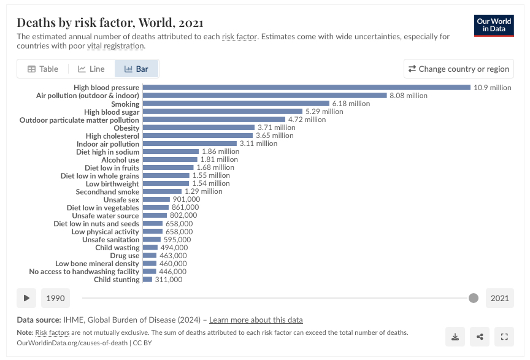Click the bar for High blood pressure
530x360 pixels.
click(306, 88)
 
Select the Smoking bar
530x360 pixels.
click(236, 104)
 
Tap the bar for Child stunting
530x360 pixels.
click(147, 280)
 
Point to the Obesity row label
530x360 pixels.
click(122, 128)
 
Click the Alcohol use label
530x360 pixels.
click(120, 159)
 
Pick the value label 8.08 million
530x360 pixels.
click(408, 96)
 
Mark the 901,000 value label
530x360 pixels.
click(186, 199)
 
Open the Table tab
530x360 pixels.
click(42, 69)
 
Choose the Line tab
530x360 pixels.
click(91, 69)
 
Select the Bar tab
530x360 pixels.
click(136, 69)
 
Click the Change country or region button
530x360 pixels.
click(459, 69)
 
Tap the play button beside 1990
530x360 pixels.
click(26, 298)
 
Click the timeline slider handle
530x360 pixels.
click(473, 298)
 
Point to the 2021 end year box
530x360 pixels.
click(499, 298)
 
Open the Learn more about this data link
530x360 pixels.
click(256, 320)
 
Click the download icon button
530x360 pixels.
click(455, 336)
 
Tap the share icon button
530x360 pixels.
click(480, 336)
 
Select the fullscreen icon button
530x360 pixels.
click(504, 336)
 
